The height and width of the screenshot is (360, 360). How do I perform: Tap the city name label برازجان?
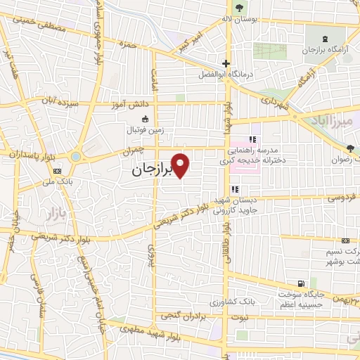point(151,171)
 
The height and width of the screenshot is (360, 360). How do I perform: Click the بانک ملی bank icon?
point(58,170)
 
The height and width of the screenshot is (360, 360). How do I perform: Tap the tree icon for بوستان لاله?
point(240,8)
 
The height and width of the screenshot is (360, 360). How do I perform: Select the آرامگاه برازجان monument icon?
point(324,38)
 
